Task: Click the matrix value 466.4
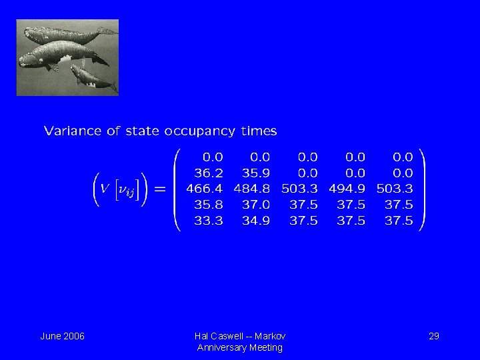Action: (205, 189)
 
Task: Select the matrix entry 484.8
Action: (252, 189)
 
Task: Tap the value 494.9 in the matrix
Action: (347, 189)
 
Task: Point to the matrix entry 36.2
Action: (209, 173)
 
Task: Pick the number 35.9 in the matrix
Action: (256, 173)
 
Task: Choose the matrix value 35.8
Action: (209, 205)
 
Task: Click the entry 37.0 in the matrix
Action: (256, 205)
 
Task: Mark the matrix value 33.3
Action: (209, 221)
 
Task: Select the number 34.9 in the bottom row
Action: (256, 221)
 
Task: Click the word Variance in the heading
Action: (71, 131)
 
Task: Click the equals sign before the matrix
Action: (160, 189)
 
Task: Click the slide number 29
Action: (433, 336)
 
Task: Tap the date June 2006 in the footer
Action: (62, 336)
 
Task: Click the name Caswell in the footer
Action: (227, 336)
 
